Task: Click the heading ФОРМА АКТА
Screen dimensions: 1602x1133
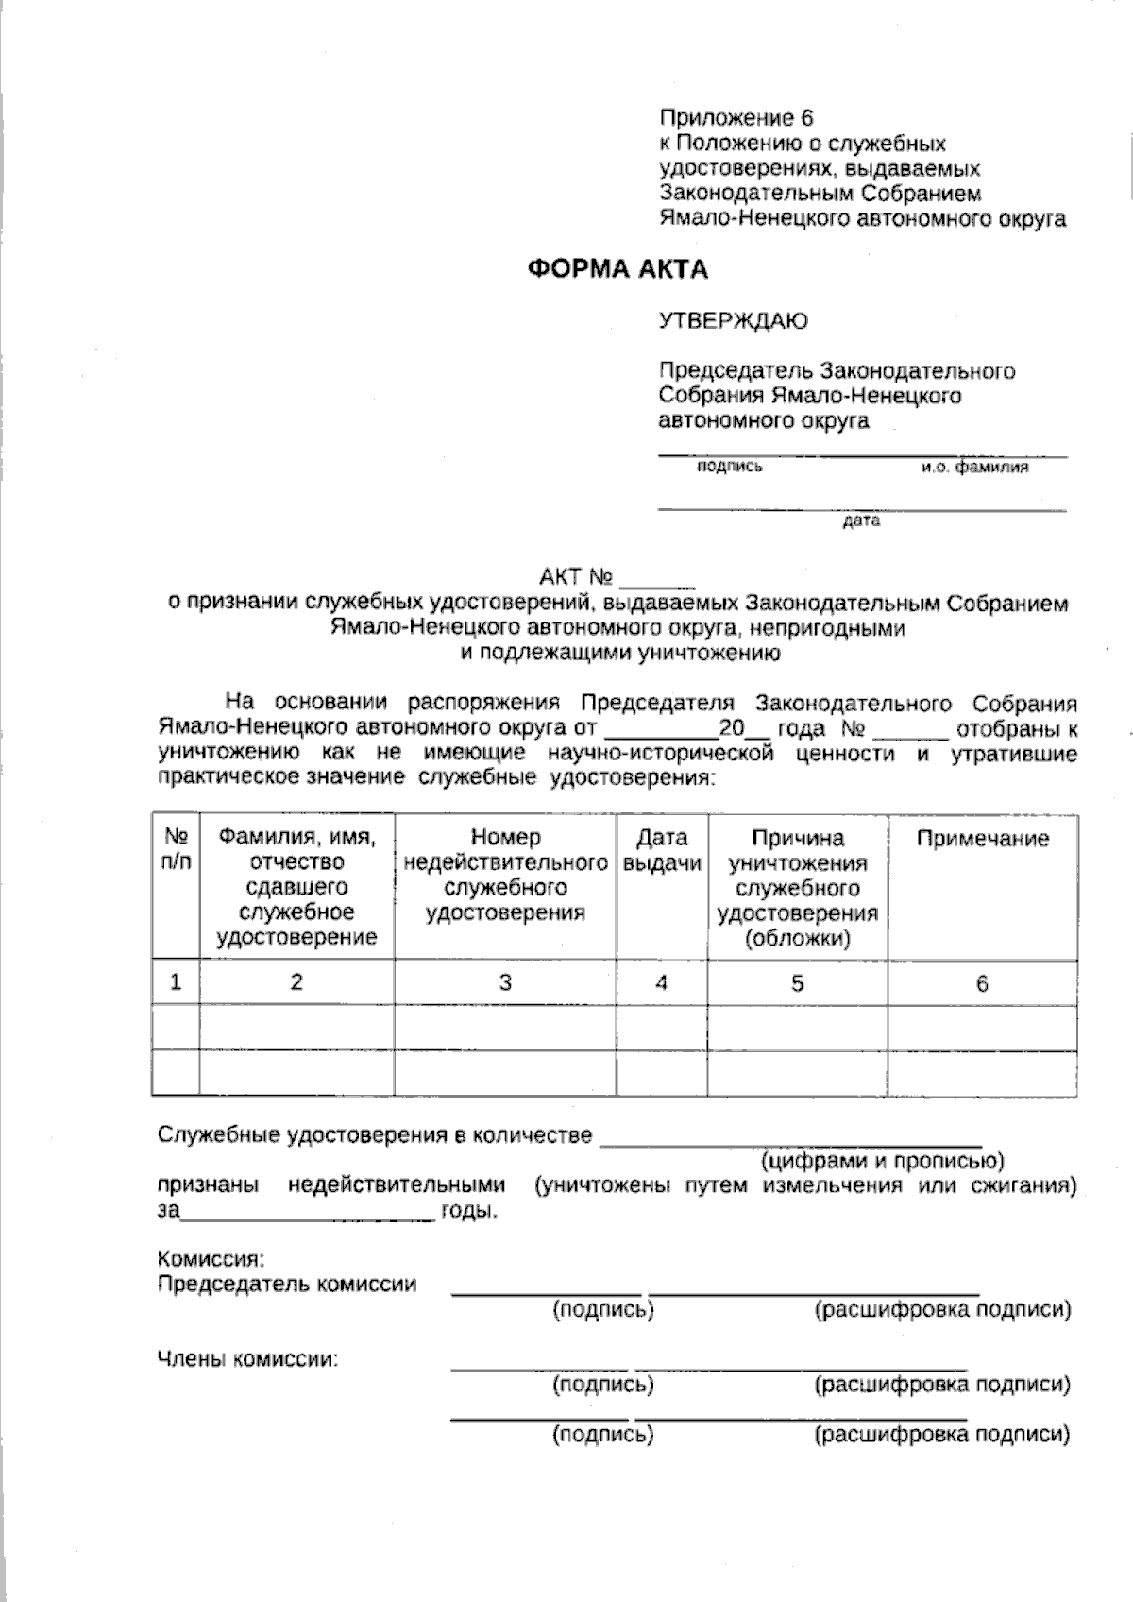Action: tap(617, 270)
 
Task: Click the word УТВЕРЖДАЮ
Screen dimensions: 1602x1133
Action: tap(733, 321)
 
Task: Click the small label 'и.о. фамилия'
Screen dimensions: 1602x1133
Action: tap(975, 467)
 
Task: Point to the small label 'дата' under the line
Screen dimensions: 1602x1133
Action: tap(861, 520)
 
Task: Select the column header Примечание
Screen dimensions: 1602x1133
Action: tap(982, 839)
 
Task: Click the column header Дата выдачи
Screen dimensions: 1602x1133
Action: tap(662, 850)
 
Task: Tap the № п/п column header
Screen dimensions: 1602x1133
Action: tap(176, 849)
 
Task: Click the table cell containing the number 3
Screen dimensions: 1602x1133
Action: tap(505, 982)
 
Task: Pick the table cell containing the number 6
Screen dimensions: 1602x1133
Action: tap(982, 984)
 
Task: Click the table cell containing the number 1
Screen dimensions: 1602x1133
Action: tap(176, 982)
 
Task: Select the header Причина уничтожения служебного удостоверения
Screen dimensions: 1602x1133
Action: tap(797, 888)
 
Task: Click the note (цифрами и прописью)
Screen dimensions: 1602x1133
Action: tap(882, 1160)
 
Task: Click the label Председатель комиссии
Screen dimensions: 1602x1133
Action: tap(287, 1285)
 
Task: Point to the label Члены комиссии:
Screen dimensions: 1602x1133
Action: tap(247, 1360)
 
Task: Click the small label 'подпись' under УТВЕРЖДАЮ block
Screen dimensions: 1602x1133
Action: tap(729, 467)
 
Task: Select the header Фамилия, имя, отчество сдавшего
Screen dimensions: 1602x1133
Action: tap(296, 886)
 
